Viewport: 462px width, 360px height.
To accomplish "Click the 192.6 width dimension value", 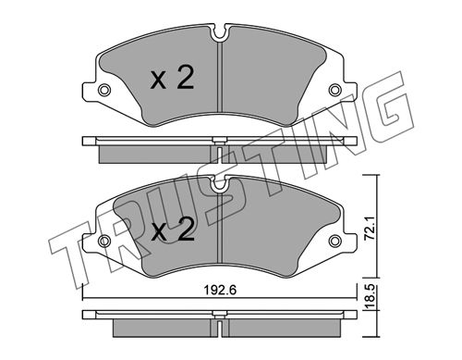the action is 220,290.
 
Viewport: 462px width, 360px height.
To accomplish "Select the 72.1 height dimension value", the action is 370,228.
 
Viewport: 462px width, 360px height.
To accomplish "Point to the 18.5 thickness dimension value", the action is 370,297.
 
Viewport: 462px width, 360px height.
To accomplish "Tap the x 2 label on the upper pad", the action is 172,79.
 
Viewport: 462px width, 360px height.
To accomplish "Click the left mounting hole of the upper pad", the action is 103,90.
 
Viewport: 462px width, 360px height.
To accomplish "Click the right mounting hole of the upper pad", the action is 334,90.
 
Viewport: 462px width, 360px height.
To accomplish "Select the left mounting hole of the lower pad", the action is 104,241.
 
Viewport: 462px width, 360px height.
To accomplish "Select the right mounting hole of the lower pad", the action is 334,241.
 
